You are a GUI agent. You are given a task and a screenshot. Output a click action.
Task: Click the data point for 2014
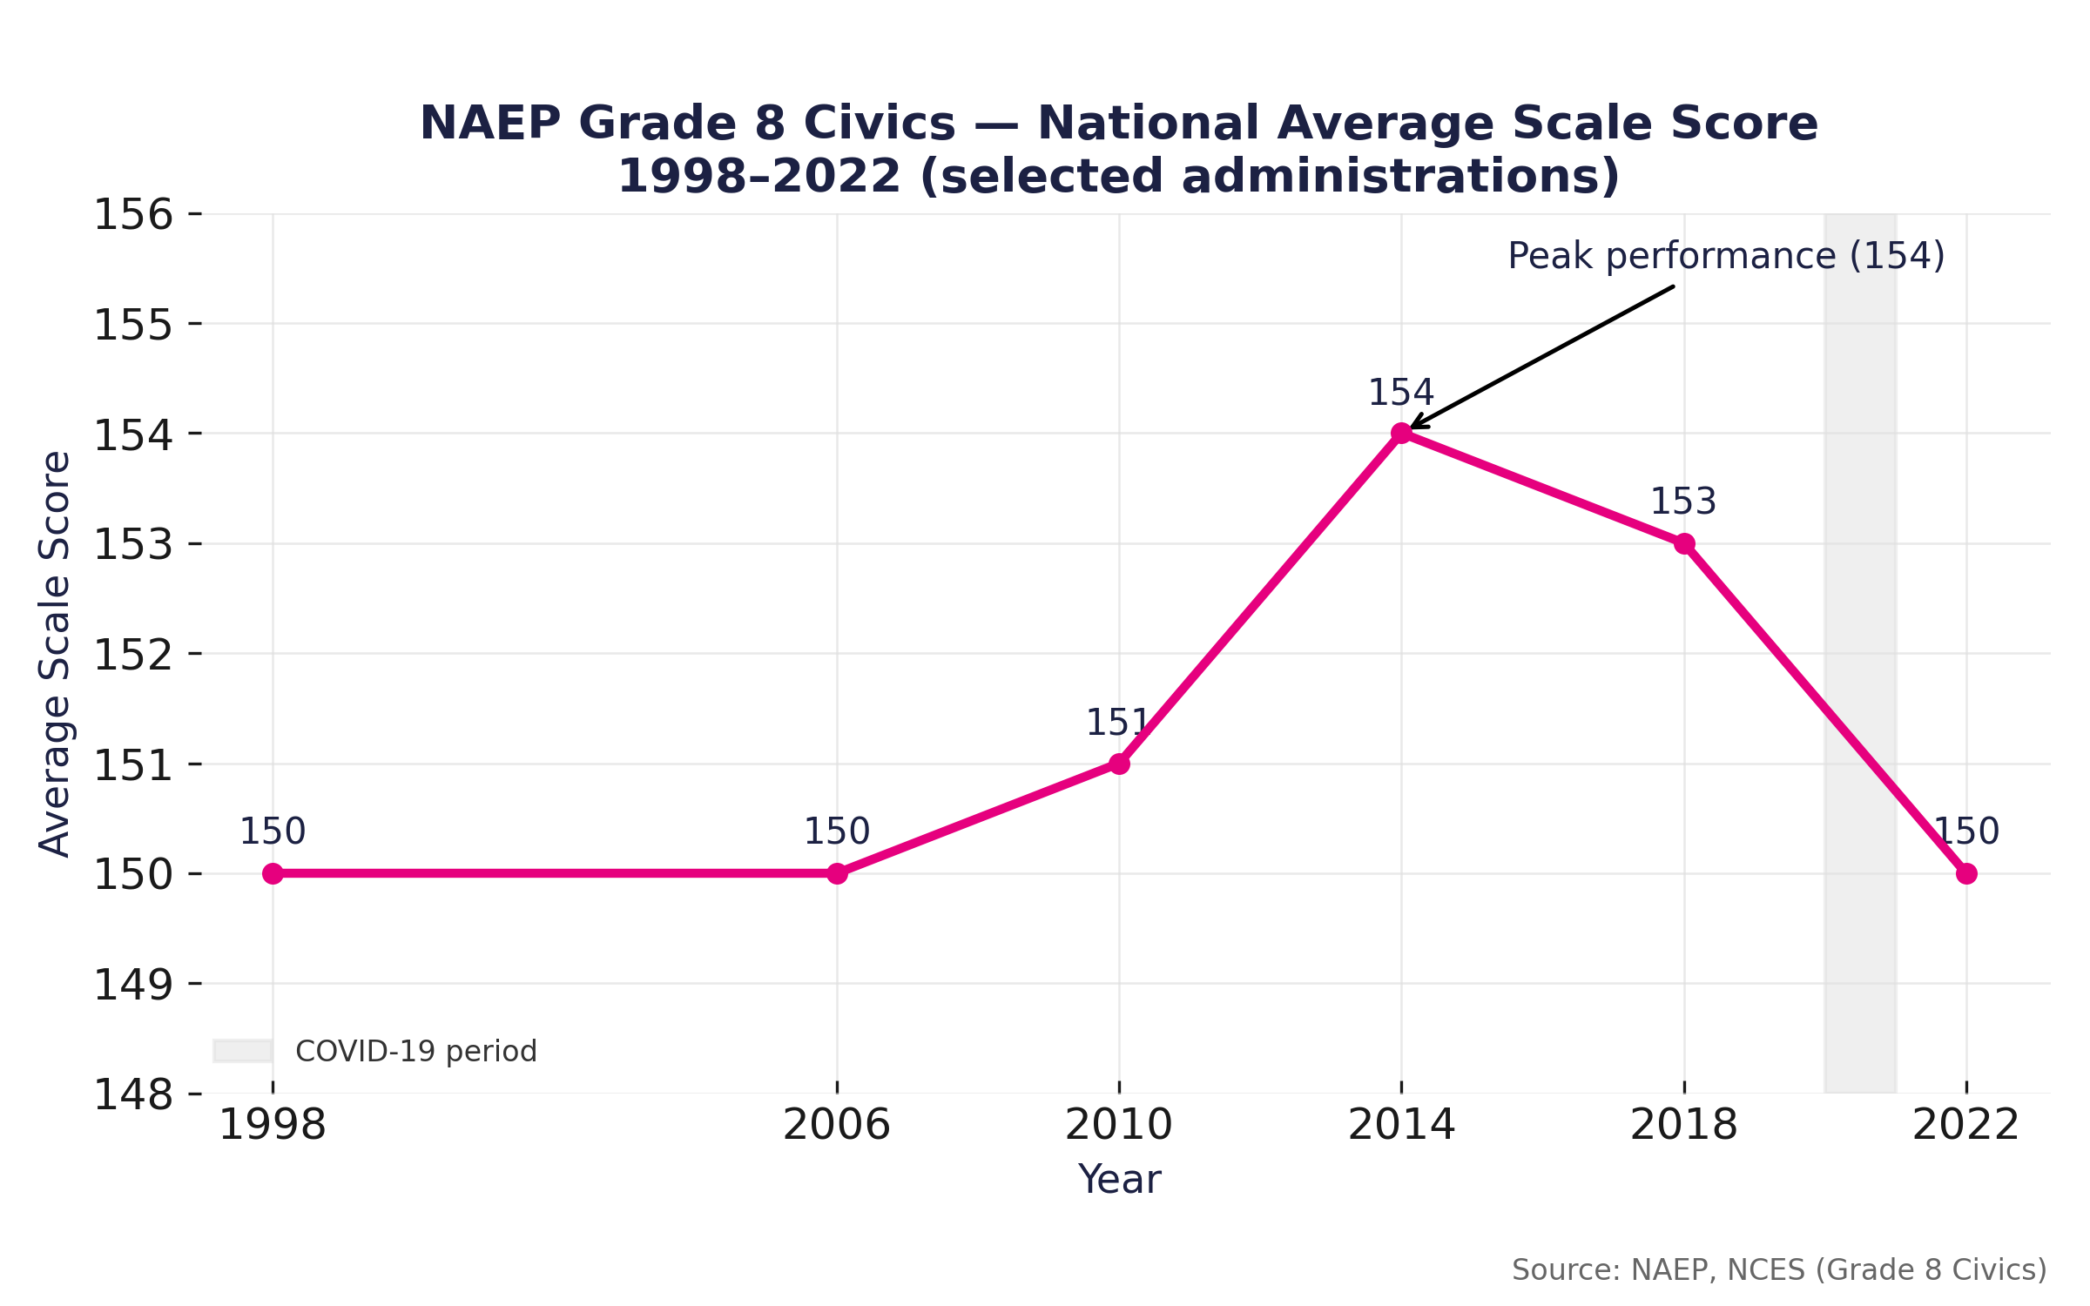1401,433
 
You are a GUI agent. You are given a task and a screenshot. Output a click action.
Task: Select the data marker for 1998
273,873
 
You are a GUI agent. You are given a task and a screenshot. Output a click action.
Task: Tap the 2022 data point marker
1966,873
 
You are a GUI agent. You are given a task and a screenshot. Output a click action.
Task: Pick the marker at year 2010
1119,764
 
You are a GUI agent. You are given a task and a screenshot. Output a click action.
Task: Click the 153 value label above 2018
1683,502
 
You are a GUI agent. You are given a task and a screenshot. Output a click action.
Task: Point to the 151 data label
1116,724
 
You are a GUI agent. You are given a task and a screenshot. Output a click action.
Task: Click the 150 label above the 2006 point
836,832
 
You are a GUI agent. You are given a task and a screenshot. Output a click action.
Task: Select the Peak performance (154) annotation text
1726,257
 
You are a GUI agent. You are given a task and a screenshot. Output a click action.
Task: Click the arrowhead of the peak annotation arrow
1412,427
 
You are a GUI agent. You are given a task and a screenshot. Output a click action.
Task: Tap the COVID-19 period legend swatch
243,1051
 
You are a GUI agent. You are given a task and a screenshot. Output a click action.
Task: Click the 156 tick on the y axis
133,215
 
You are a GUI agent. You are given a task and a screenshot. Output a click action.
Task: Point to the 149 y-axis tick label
133,986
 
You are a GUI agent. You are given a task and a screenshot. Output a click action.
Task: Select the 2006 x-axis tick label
836,1125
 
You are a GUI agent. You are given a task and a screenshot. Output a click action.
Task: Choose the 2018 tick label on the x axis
1683,1125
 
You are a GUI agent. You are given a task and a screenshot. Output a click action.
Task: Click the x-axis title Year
1119,1180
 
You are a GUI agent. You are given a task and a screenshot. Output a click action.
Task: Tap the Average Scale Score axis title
55,653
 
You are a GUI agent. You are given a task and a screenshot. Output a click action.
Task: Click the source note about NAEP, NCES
1778,1270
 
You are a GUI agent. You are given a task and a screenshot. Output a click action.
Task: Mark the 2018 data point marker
1684,543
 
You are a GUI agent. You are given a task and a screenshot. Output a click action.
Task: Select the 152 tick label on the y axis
133,656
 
